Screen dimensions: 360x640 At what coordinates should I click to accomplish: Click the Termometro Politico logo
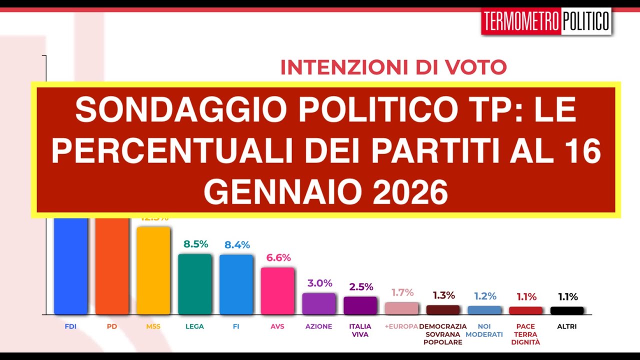[x=546, y=21]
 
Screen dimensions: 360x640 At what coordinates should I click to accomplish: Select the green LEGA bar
[x=195, y=284]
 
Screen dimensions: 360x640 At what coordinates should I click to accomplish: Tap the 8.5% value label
[x=195, y=244]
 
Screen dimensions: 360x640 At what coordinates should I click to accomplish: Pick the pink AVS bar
[x=277, y=290]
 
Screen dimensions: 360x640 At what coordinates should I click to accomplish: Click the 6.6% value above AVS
[x=278, y=258]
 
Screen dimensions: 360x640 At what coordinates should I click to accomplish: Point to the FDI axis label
[x=70, y=326]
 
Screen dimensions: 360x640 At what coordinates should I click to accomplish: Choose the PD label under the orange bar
[x=111, y=326]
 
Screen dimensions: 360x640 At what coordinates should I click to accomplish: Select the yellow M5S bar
[x=153, y=270]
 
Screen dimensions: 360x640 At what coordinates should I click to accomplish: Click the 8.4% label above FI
[x=237, y=245]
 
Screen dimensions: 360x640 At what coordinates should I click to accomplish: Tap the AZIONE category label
[x=318, y=326]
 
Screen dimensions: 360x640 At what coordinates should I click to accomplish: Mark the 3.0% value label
[x=320, y=283]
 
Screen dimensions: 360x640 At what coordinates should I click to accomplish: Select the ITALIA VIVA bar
[x=360, y=305]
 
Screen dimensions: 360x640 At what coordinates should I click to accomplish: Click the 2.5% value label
[x=361, y=287]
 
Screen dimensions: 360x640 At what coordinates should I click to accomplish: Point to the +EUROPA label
[x=401, y=326]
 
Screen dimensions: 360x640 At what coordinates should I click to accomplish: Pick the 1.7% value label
[x=402, y=292]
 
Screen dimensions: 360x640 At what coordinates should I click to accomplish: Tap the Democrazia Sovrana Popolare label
[x=442, y=334]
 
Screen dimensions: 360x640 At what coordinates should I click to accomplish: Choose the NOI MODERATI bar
[x=484, y=310]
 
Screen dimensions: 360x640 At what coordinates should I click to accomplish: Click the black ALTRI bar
[x=567, y=310]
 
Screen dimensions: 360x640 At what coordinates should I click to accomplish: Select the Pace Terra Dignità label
[x=525, y=334]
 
